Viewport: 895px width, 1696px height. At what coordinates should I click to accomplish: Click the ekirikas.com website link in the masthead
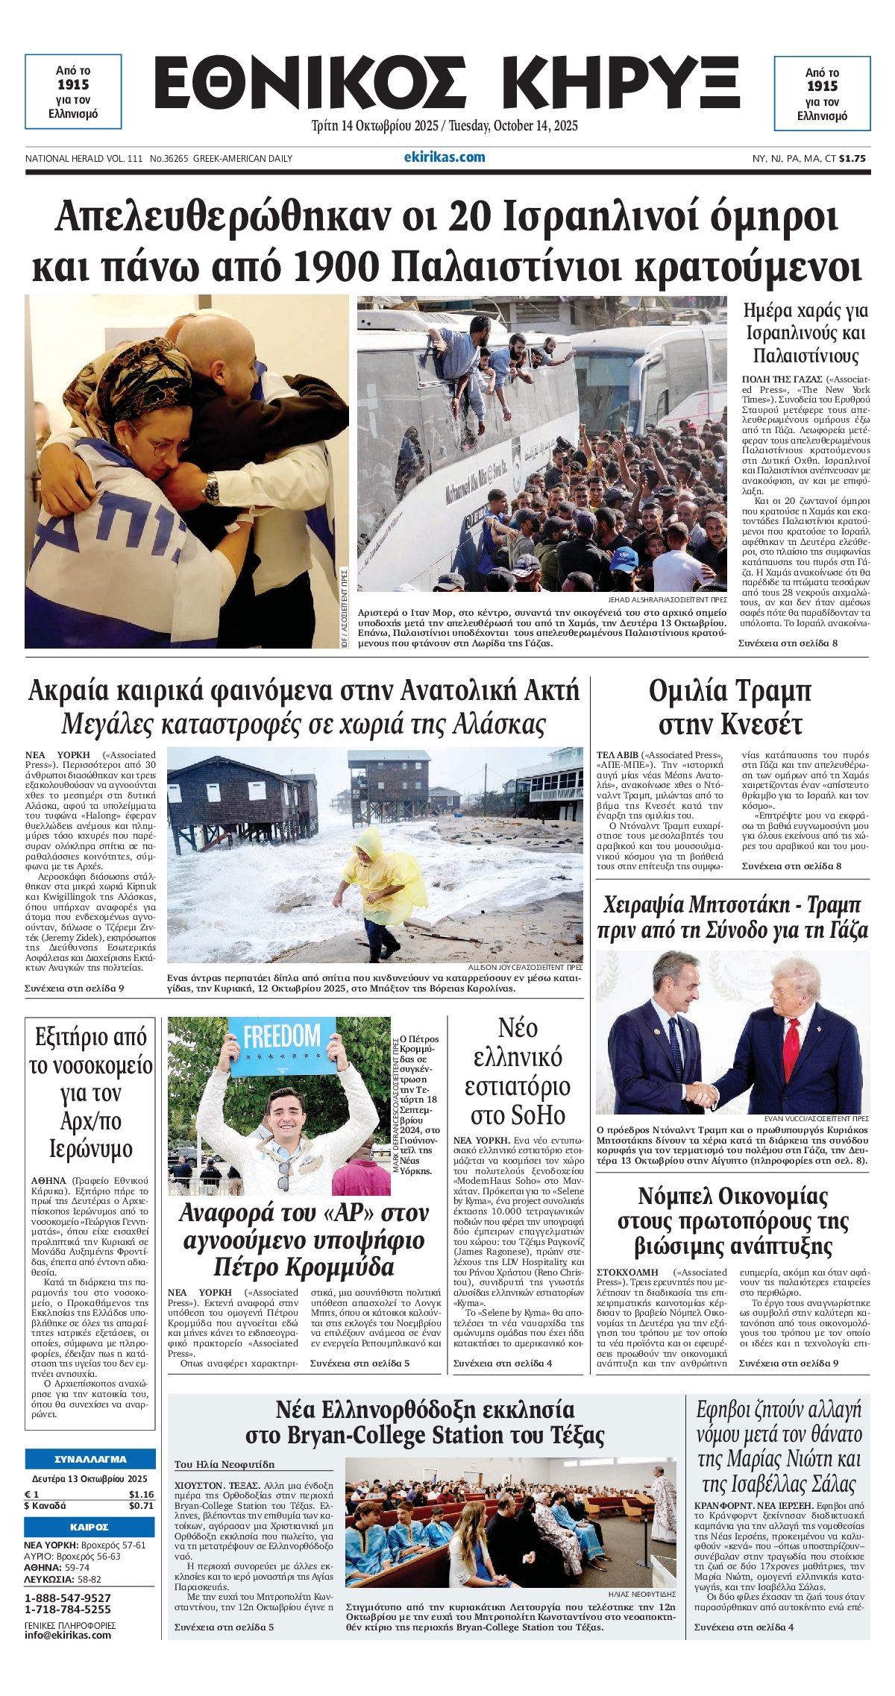point(445,157)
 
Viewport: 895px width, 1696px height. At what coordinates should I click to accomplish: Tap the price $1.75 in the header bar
point(852,158)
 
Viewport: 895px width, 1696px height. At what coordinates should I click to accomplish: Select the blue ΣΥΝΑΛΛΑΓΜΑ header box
point(90,1459)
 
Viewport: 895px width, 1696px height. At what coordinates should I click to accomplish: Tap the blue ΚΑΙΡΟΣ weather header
point(90,1527)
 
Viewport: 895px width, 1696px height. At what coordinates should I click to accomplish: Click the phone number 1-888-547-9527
point(68,1598)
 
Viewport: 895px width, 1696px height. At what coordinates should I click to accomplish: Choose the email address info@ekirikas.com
point(68,1635)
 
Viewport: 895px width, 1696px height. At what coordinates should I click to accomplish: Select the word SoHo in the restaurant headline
point(518,1115)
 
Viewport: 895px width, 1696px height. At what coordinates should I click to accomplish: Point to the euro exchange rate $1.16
point(141,1494)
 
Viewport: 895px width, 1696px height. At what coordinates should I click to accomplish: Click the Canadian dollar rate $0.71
point(141,1505)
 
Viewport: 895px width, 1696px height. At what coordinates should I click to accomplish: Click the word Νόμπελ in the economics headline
point(675,1196)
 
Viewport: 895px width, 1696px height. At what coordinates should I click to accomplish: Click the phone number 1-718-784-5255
point(68,1609)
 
